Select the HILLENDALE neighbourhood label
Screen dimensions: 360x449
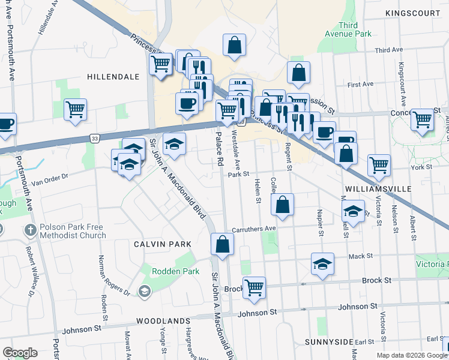coord(113,77)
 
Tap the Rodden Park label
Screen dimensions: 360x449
coord(167,271)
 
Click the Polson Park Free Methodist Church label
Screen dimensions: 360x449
coord(73,232)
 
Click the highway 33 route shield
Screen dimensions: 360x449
coord(95,139)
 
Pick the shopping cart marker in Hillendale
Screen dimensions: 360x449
coord(76,110)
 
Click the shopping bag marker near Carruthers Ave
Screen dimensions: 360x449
coord(282,205)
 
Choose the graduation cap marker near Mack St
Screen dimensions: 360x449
coord(322,263)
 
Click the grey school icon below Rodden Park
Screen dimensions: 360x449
coord(144,292)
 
